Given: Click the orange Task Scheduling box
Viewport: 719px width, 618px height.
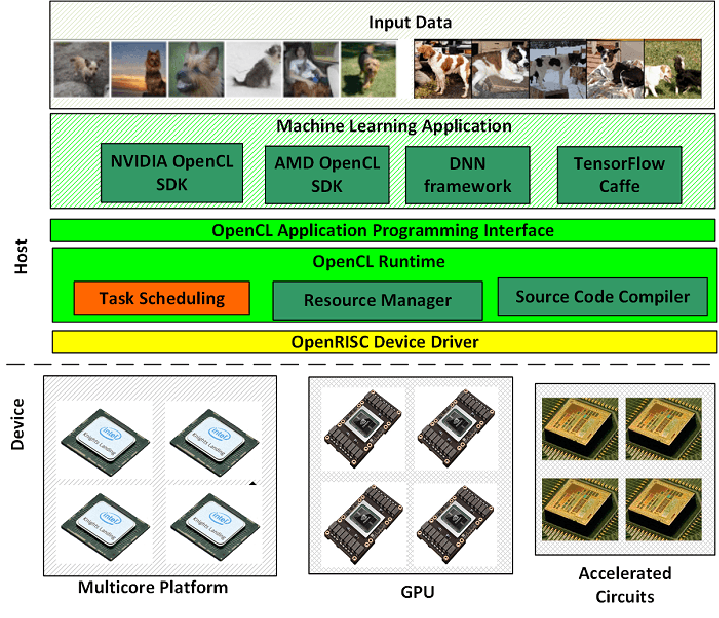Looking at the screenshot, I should click(x=162, y=298).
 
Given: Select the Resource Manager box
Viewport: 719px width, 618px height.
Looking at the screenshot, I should click(x=377, y=301).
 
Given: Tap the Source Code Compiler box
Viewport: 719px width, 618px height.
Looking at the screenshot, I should click(x=603, y=297).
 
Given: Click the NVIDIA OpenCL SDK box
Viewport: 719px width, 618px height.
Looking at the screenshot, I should click(x=171, y=173).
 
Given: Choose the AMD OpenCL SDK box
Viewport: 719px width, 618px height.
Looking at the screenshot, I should click(x=327, y=175).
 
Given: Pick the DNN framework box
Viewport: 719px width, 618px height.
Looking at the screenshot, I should click(x=467, y=175).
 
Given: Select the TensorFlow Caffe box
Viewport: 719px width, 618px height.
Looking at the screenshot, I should click(x=619, y=175).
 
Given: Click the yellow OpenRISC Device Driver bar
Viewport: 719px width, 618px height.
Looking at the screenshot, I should click(x=384, y=342).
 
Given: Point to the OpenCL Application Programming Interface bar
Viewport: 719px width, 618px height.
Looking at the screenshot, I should click(x=382, y=230).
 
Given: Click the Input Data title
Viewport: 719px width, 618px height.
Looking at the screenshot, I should click(x=410, y=23).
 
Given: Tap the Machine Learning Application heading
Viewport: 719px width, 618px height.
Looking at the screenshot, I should click(x=394, y=126).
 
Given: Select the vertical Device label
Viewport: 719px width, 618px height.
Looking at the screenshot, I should click(x=18, y=424).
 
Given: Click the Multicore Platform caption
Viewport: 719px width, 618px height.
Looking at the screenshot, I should click(x=153, y=587).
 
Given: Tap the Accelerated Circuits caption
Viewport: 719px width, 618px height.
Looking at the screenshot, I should click(x=625, y=585).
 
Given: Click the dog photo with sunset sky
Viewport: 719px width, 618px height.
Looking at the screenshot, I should click(x=139, y=69).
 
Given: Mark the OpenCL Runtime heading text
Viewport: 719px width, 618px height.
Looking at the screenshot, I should click(x=379, y=261).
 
